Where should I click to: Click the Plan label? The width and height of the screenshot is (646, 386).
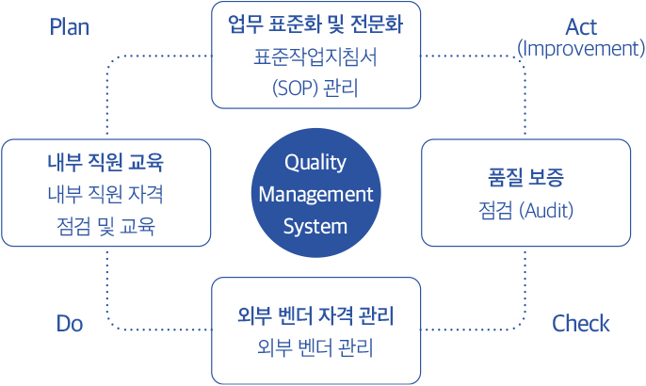point(70,27)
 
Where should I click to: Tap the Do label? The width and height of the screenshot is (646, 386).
point(70,323)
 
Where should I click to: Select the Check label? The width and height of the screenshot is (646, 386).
point(580,323)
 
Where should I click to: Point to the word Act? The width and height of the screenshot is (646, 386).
point(581,27)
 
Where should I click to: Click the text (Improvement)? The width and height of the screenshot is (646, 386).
point(581,49)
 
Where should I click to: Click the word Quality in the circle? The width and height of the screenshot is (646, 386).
point(315,163)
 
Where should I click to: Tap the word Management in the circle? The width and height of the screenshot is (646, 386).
point(316,195)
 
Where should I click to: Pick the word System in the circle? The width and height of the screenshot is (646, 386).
point(315,227)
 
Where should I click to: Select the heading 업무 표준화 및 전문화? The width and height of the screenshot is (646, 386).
point(315,24)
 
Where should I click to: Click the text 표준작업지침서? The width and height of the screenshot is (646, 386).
point(315,57)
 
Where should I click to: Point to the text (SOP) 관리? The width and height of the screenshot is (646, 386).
point(315,88)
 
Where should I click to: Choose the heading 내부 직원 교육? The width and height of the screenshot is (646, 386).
point(105,162)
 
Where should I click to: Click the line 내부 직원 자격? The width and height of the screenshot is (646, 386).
point(105,194)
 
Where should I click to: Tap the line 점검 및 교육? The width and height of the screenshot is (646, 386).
point(105,226)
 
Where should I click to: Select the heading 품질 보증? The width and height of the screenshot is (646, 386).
point(525,178)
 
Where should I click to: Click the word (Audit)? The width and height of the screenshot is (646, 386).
point(546,211)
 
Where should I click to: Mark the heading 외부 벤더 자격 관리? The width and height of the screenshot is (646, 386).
point(315,316)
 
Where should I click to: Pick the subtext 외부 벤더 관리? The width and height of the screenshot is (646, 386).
point(315,348)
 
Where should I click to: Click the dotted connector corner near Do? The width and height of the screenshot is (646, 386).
point(110,326)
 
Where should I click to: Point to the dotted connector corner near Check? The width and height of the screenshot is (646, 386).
point(522,326)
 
